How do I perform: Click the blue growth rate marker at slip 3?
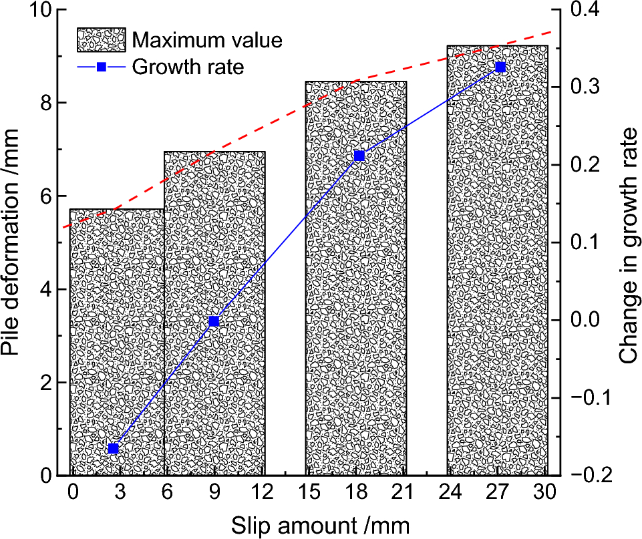(113, 448)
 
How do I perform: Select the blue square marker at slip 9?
(214, 321)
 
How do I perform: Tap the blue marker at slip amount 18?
(359, 156)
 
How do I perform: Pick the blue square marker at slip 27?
(500, 67)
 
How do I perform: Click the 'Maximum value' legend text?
(206, 40)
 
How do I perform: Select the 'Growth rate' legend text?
(188, 67)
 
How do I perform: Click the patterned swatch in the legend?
(101, 40)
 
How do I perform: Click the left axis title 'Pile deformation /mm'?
(15, 243)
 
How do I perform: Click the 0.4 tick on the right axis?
(585, 11)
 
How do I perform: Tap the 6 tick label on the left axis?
(45, 196)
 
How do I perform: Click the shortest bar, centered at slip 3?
(117, 341)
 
